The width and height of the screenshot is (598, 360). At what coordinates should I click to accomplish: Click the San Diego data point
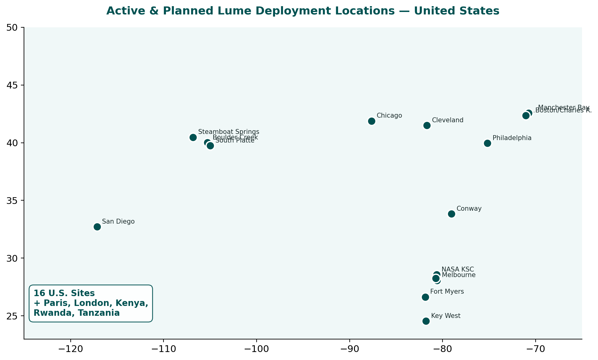pyautogui.click(x=97, y=227)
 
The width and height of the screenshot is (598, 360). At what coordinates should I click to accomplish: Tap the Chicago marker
pyautogui.click(x=372, y=121)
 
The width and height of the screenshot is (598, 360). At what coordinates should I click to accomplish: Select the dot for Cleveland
pyautogui.click(x=427, y=125)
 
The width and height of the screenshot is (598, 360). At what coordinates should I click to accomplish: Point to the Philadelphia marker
pyautogui.click(x=487, y=143)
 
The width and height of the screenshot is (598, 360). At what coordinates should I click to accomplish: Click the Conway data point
pyautogui.click(x=451, y=214)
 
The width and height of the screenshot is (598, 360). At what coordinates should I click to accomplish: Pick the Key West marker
pyautogui.click(x=426, y=321)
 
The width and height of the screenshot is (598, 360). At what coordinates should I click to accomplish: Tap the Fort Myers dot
pyautogui.click(x=425, y=297)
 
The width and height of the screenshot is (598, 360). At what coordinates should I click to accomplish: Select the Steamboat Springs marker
pyautogui.click(x=193, y=137)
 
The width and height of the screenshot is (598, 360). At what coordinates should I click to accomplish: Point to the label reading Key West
pyautogui.click(x=446, y=316)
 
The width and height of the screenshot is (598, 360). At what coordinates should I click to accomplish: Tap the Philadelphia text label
pyautogui.click(x=512, y=138)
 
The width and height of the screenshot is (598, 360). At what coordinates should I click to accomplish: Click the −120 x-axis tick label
pyautogui.click(x=70, y=350)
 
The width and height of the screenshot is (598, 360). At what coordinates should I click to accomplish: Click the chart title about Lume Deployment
pyautogui.click(x=303, y=11)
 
